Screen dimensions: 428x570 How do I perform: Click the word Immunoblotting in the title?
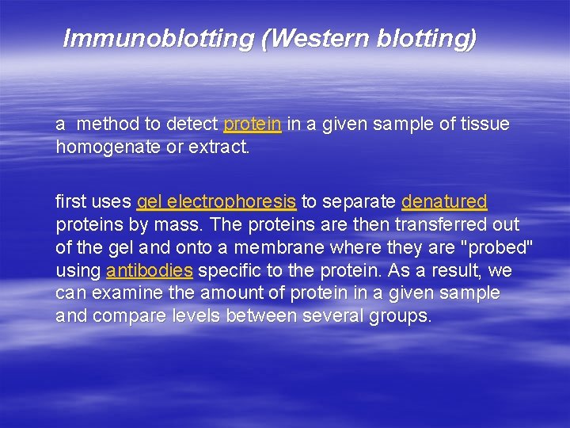[158, 38]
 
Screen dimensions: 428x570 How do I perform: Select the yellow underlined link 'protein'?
[253, 124]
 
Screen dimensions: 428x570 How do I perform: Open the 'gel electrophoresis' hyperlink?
[217, 202]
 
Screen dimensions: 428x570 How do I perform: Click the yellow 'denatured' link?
[444, 202]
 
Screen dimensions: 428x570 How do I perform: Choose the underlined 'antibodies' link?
[150, 271]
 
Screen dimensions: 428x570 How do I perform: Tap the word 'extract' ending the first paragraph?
[219, 147]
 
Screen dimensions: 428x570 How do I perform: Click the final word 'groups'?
[400, 316]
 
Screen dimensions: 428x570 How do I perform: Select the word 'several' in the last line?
[336, 316]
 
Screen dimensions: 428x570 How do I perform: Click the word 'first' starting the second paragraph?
[71, 202]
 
